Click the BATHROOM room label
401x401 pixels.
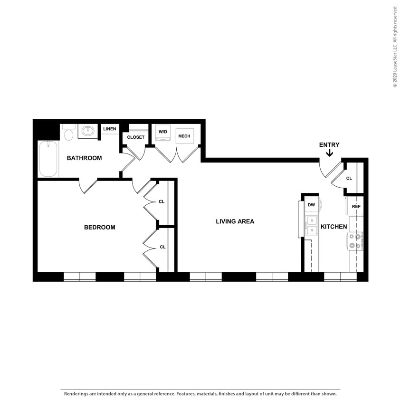tap(84, 158)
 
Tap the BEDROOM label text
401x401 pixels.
tap(100, 227)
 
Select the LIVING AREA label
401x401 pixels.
tap(235, 221)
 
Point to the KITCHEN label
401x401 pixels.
tap(334, 227)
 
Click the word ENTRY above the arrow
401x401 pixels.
tap(329, 145)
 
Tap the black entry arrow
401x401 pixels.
tap(329, 153)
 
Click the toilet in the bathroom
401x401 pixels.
tap(68, 134)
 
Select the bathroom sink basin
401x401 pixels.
tap(87, 131)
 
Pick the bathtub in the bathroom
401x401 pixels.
tap(48, 159)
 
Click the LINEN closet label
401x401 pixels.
tap(109, 129)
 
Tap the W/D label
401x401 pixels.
tap(163, 131)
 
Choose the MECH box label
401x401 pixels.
tap(184, 136)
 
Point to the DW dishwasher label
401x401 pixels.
tap(311, 205)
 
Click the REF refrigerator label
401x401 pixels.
tap(356, 207)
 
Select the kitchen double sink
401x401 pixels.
tap(312, 225)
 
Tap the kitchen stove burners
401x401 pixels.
tap(355, 241)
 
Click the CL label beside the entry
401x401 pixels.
tap(349, 179)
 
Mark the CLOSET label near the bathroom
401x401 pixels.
tap(136, 137)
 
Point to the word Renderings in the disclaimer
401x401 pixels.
tap(78, 394)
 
